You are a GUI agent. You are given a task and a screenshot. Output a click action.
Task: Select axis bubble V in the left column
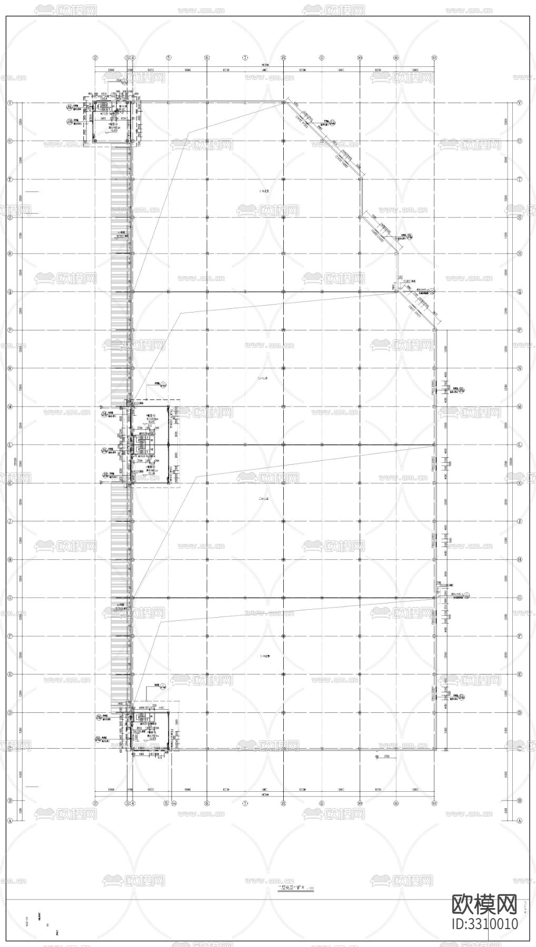tap(9, 103)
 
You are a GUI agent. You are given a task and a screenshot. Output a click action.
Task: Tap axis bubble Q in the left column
tap(9, 291)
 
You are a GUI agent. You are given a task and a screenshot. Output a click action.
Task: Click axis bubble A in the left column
tap(9, 820)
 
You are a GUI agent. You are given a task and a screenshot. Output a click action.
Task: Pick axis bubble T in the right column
tap(520, 179)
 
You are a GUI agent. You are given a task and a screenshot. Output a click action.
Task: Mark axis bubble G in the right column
tap(520, 598)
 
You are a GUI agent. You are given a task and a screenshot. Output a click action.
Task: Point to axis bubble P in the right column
tap(520, 330)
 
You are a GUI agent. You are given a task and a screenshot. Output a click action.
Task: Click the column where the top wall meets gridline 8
tap(283, 103)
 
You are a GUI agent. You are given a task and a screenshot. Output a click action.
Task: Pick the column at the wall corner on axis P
tap(435, 330)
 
